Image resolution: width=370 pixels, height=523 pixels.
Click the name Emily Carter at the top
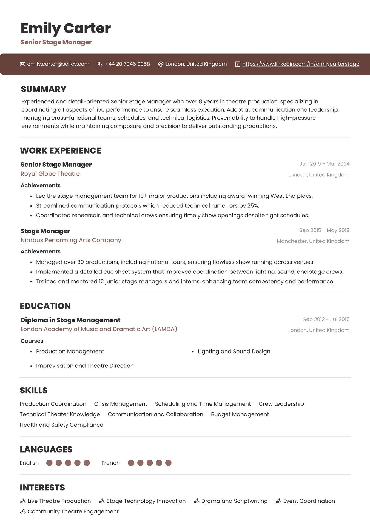(x=66, y=28)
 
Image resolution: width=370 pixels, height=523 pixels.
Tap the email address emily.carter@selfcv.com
(x=58, y=64)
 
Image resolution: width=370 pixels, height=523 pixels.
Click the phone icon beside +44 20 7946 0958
(x=100, y=64)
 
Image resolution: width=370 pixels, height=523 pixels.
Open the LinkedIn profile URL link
(x=301, y=64)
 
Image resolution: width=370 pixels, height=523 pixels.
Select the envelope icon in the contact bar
(x=22, y=64)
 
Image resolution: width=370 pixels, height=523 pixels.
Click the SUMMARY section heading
(x=44, y=89)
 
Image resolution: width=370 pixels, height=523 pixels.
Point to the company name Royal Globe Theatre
(x=50, y=174)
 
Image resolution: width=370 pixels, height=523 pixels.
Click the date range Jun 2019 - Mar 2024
(x=324, y=164)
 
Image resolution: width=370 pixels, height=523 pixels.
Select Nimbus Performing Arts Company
(x=71, y=240)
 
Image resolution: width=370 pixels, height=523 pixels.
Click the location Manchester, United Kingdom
(x=313, y=241)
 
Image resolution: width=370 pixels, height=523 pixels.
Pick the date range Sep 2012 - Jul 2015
(x=326, y=319)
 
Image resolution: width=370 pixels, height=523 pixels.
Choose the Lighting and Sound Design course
(x=234, y=351)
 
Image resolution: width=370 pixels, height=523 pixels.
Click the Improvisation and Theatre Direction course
(x=85, y=366)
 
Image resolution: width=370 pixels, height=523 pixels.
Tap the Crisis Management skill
(x=121, y=404)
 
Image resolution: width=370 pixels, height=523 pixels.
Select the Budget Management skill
(x=240, y=414)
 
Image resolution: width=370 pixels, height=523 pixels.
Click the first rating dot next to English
(x=49, y=463)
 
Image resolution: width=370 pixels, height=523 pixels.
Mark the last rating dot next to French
(x=168, y=463)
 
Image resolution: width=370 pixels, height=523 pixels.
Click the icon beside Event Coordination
(x=278, y=501)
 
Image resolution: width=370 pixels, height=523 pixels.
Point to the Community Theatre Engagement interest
(x=73, y=511)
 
